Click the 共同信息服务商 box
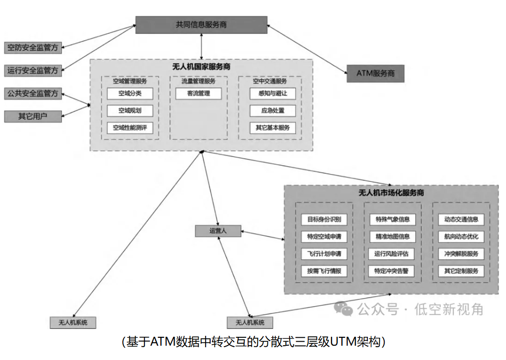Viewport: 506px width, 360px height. (201, 25)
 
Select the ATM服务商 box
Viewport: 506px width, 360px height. (375, 73)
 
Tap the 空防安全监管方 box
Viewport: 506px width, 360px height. (33, 48)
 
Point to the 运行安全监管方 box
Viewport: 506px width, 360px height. (33, 71)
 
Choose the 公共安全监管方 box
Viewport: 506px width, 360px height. (33, 93)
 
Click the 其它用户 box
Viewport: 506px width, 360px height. (33, 116)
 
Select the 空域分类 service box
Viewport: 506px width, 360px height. (130, 93)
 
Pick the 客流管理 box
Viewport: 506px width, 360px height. (198, 93)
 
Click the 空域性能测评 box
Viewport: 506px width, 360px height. (130, 128)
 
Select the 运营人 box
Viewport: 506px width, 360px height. (217, 230)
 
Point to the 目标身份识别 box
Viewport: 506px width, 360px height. (324, 219)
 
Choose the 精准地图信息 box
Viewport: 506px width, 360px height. (392, 237)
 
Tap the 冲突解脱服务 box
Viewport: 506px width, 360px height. (461, 254)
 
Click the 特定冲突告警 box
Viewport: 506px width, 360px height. (392, 271)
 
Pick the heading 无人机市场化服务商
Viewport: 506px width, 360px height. (391, 193)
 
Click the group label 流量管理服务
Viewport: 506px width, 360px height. (198, 81)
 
